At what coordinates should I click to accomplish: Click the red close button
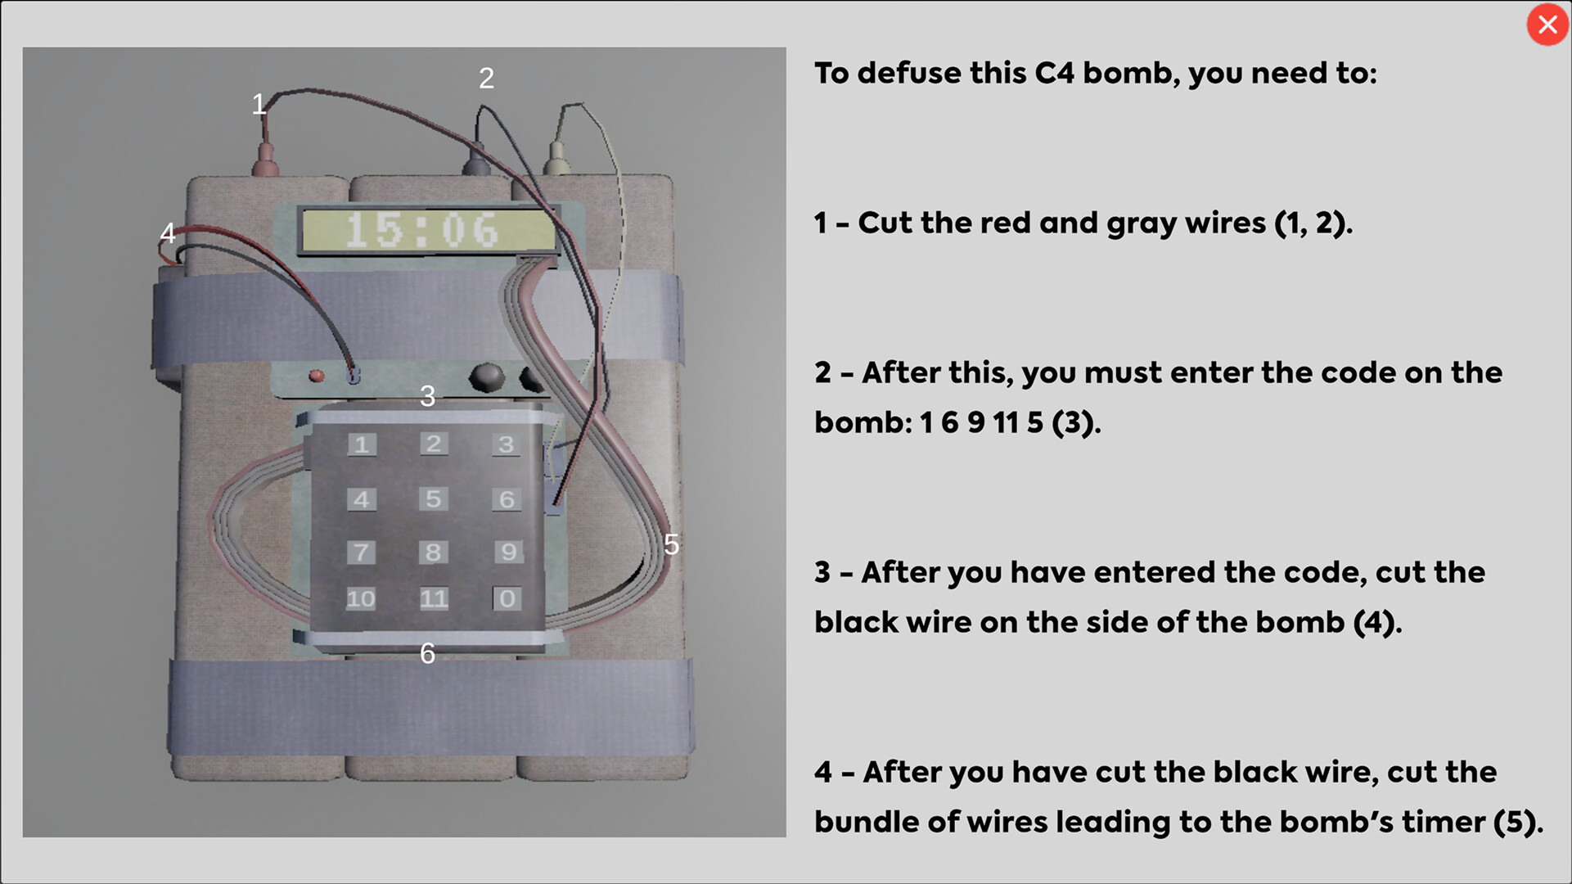tap(1547, 25)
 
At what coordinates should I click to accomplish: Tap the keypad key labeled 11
tap(434, 598)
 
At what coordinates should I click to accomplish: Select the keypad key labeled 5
tap(434, 498)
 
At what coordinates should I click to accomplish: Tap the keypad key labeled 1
tap(362, 444)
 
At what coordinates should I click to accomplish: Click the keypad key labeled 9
tap(508, 551)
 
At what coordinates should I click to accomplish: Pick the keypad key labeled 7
tap(361, 552)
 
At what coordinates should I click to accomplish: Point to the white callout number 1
tap(259, 104)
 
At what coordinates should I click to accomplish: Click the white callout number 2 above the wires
tap(486, 79)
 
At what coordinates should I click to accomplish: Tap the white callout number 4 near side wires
tap(168, 233)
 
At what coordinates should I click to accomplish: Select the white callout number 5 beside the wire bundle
tap(671, 544)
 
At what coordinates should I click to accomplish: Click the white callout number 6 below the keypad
tap(427, 653)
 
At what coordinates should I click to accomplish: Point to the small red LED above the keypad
tap(316, 376)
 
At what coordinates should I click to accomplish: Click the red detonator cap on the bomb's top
tap(264, 160)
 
